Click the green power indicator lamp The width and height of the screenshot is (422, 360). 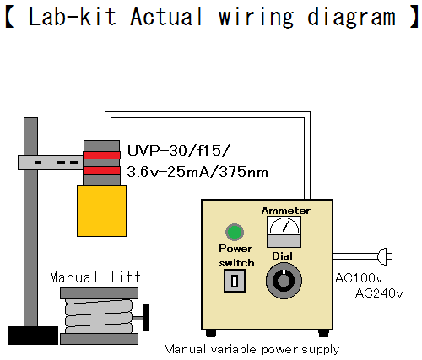tap(235, 232)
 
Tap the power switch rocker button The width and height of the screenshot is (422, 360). tap(235, 281)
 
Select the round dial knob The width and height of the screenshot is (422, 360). tap(284, 281)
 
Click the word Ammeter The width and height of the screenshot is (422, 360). tap(286, 211)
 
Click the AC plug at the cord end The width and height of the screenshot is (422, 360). tap(385, 256)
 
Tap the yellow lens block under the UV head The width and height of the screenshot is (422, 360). tap(101, 211)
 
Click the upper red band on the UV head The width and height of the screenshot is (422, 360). tap(101, 155)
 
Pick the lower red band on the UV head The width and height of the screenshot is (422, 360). tap(101, 170)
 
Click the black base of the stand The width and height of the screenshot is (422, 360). tap(33, 336)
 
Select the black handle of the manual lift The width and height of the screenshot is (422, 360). tap(146, 318)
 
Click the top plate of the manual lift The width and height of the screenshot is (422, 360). tap(99, 293)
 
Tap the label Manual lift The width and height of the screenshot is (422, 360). tap(95, 277)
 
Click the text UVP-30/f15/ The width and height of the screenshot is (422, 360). tap(179, 151)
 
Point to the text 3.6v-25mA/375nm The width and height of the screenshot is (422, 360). tap(197, 172)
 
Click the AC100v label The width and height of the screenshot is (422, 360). tap(359, 278)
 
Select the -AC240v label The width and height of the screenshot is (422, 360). tap(375, 293)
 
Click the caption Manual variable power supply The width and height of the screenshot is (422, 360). tap(252, 350)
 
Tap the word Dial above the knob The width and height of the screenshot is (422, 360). tap(282, 256)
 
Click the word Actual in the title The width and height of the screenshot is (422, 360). tap(166, 17)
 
